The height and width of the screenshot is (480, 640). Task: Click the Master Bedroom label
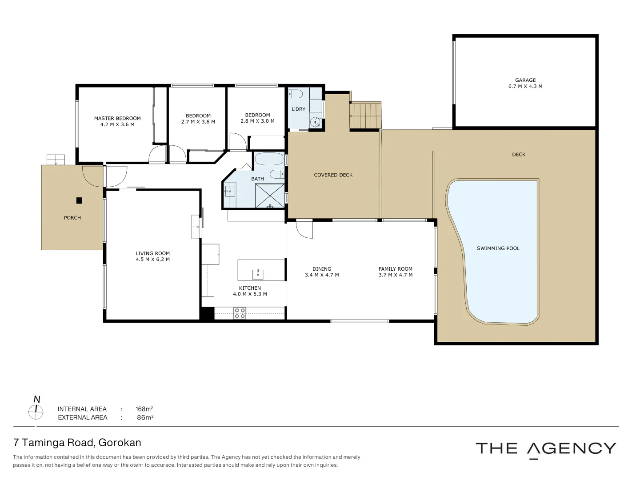coord(117,118)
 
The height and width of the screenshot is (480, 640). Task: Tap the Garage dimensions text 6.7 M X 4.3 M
coord(525,87)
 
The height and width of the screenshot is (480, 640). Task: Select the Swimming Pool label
coord(498,248)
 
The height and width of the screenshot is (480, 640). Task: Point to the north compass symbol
coord(36,412)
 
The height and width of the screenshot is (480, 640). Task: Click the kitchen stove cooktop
coord(240,313)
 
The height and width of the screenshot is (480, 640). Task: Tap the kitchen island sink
coord(258,274)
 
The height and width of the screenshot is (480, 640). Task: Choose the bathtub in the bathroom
coord(269,159)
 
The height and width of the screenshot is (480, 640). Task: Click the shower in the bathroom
coord(270,196)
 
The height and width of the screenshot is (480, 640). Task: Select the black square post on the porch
coord(79,200)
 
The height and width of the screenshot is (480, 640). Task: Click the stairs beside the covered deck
coord(365,116)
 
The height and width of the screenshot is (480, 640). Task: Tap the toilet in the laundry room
coord(296,94)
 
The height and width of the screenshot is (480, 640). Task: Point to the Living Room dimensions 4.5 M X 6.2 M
coord(152,260)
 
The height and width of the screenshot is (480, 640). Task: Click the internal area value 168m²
coord(144,409)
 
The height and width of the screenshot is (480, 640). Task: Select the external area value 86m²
coord(145,417)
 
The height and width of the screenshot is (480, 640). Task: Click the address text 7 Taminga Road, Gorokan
coord(77,443)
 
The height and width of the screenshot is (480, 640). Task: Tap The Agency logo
coord(545,449)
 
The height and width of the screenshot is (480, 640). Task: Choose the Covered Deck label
coord(333,175)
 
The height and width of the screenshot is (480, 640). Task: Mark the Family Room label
coord(395,269)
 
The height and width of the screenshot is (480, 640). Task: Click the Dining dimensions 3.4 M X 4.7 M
coord(322,275)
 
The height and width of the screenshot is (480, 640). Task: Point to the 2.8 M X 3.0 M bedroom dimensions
coord(257,121)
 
